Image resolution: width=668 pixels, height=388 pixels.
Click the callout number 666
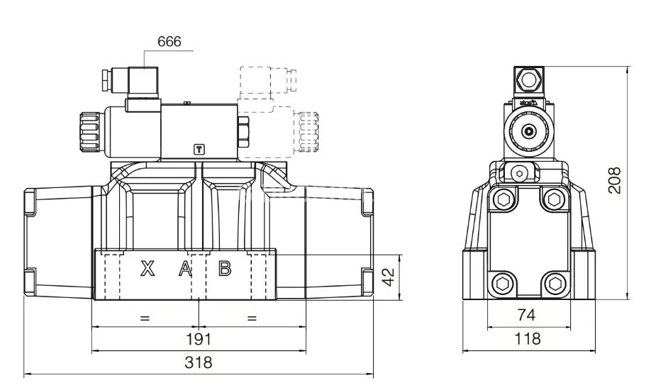click(169, 42)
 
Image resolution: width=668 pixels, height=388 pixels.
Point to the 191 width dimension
click(198, 339)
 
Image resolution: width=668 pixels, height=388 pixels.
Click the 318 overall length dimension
click(198, 362)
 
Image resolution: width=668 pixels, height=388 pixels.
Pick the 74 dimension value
click(525, 315)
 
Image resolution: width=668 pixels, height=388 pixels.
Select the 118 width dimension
click(525, 338)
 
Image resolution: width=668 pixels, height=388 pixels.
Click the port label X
click(147, 269)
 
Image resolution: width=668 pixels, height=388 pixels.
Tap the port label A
click(184, 269)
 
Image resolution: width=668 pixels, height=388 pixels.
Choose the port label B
click(224, 269)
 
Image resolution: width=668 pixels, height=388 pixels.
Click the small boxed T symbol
click(199, 149)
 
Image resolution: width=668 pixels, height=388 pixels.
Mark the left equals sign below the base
click(145, 318)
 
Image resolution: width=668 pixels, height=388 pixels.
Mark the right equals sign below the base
click(252, 318)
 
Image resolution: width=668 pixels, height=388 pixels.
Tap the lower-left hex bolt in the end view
click(502, 284)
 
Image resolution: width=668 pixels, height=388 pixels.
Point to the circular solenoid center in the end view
click(528, 131)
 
